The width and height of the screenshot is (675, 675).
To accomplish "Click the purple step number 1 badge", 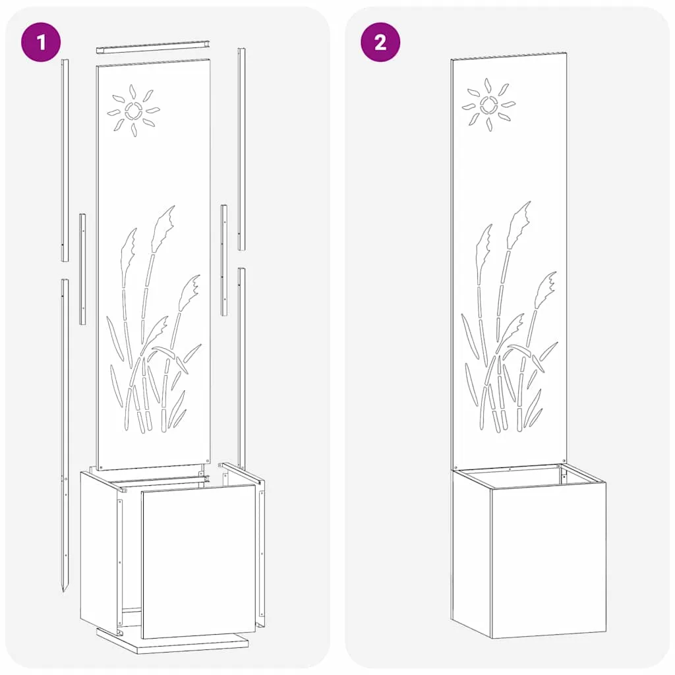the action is pos(41,42).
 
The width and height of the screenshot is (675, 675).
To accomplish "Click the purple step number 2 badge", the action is pos(380,42).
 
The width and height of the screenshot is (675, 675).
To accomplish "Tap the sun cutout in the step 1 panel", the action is pos(133,111).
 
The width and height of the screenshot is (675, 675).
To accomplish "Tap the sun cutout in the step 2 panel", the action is pos(488,105).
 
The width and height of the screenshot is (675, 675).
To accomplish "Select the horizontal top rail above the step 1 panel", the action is pos(153,47).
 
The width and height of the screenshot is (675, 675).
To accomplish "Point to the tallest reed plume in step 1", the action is pos(163,229).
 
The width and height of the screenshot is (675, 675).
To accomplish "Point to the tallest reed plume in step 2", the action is pos(519,225).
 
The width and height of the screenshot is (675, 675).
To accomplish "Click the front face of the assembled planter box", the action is pos(548,560).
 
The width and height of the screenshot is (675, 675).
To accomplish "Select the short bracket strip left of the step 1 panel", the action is pos(82,269).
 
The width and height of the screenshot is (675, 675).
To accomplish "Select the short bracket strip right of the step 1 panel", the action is pos(224,260).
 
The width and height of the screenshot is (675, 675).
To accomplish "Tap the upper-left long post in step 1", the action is pos(65,160).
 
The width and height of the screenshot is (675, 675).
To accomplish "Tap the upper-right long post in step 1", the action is pos(242,149).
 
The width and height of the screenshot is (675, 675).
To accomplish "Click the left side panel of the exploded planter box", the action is pos(99,552).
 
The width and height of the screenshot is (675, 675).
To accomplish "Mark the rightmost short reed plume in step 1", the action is pos(189,293).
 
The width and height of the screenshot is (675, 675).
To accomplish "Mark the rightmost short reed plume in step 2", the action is pos(545,289).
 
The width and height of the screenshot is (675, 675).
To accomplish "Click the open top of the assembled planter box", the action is pos(529,477).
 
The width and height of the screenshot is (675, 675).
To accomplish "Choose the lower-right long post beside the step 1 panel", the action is pos(242,368).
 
